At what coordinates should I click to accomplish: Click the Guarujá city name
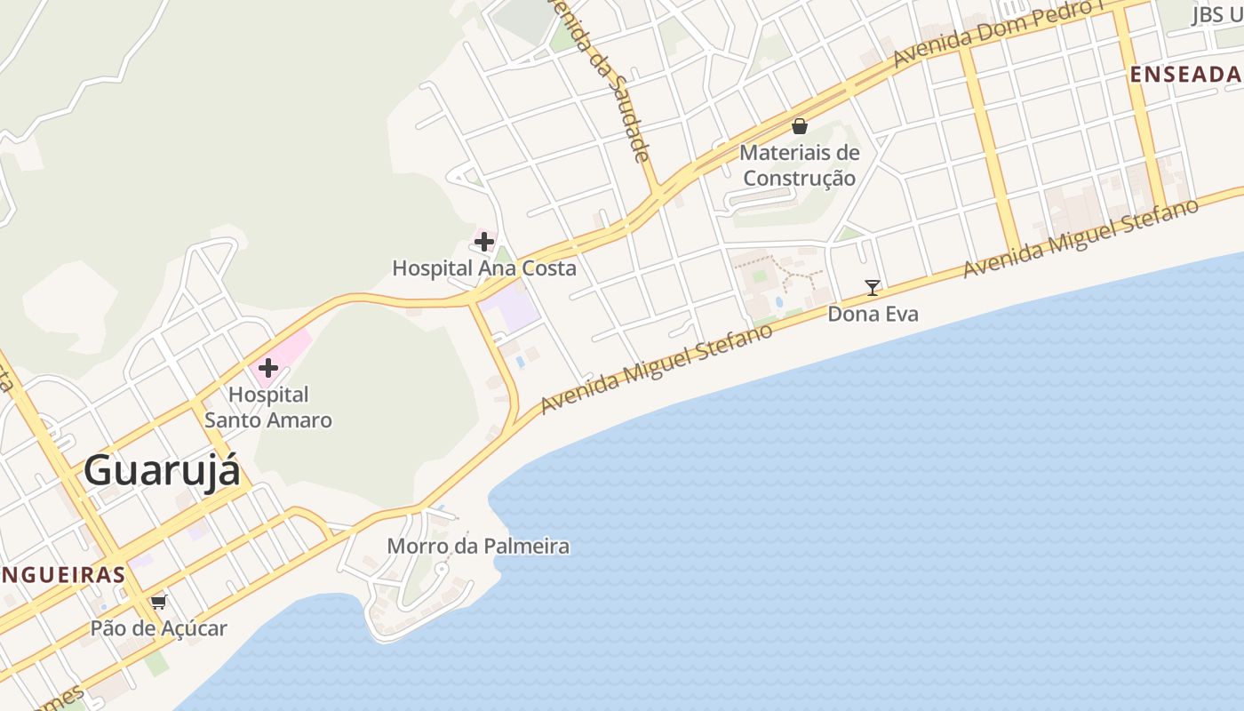pos(162,470)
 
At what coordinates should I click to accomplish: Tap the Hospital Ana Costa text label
pos(484,268)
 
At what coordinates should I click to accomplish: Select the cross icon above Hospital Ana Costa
pos(484,241)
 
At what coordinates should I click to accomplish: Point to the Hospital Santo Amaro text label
pos(268,407)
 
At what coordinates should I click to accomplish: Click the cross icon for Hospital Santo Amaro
pos(268,367)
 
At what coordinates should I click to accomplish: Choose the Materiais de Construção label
pos(800,165)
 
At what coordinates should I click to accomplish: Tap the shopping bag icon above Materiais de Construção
pos(800,126)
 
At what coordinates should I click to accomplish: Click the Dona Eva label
pos(873,314)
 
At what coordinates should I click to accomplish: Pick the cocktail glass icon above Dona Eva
pos(873,287)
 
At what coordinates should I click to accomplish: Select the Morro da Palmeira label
pos(478,546)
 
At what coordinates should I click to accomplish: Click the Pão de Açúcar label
pos(159,628)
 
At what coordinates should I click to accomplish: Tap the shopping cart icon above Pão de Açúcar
pos(159,602)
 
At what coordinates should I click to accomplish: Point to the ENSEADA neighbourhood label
pos(1185,75)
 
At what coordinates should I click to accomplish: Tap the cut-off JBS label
pos(1216,14)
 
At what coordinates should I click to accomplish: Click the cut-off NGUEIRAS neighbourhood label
pos(62,574)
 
